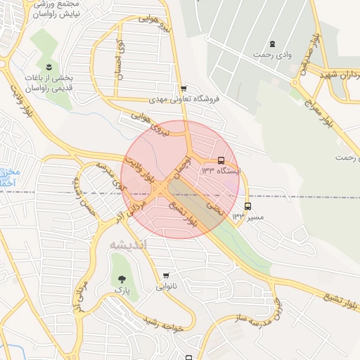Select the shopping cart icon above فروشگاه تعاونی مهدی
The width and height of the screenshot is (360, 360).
(x=184, y=89)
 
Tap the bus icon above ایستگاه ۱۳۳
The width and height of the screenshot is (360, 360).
(x=221, y=160)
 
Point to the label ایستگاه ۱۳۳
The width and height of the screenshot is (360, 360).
(x=220, y=171)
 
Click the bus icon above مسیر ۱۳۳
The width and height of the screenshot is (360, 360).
(x=247, y=207)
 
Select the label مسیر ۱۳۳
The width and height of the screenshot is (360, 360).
(x=248, y=217)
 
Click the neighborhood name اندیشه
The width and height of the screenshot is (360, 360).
(x=129, y=244)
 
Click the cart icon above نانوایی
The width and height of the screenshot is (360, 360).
(x=166, y=276)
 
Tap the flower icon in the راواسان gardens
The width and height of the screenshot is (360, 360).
(x=49, y=67)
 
